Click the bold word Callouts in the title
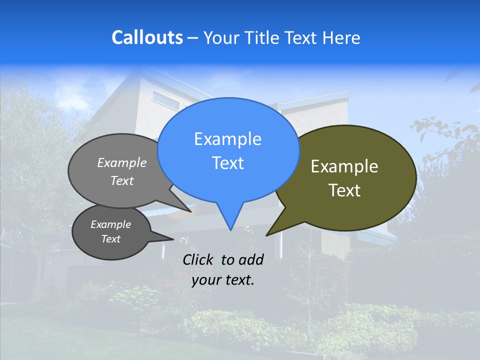(x=147, y=37)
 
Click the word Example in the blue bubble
(x=227, y=139)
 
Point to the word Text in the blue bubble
(x=227, y=163)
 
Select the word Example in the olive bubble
(x=344, y=166)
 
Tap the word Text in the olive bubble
(x=344, y=190)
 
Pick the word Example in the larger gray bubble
(x=122, y=162)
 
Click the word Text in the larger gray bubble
(x=122, y=180)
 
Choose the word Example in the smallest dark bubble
(x=110, y=224)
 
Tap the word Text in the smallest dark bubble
(x=110, y=239)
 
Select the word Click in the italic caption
(x=199, y=259)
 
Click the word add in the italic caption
(x=251, y=259)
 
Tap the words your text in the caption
(x=223, y=280)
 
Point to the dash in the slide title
(x=192, y=37)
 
